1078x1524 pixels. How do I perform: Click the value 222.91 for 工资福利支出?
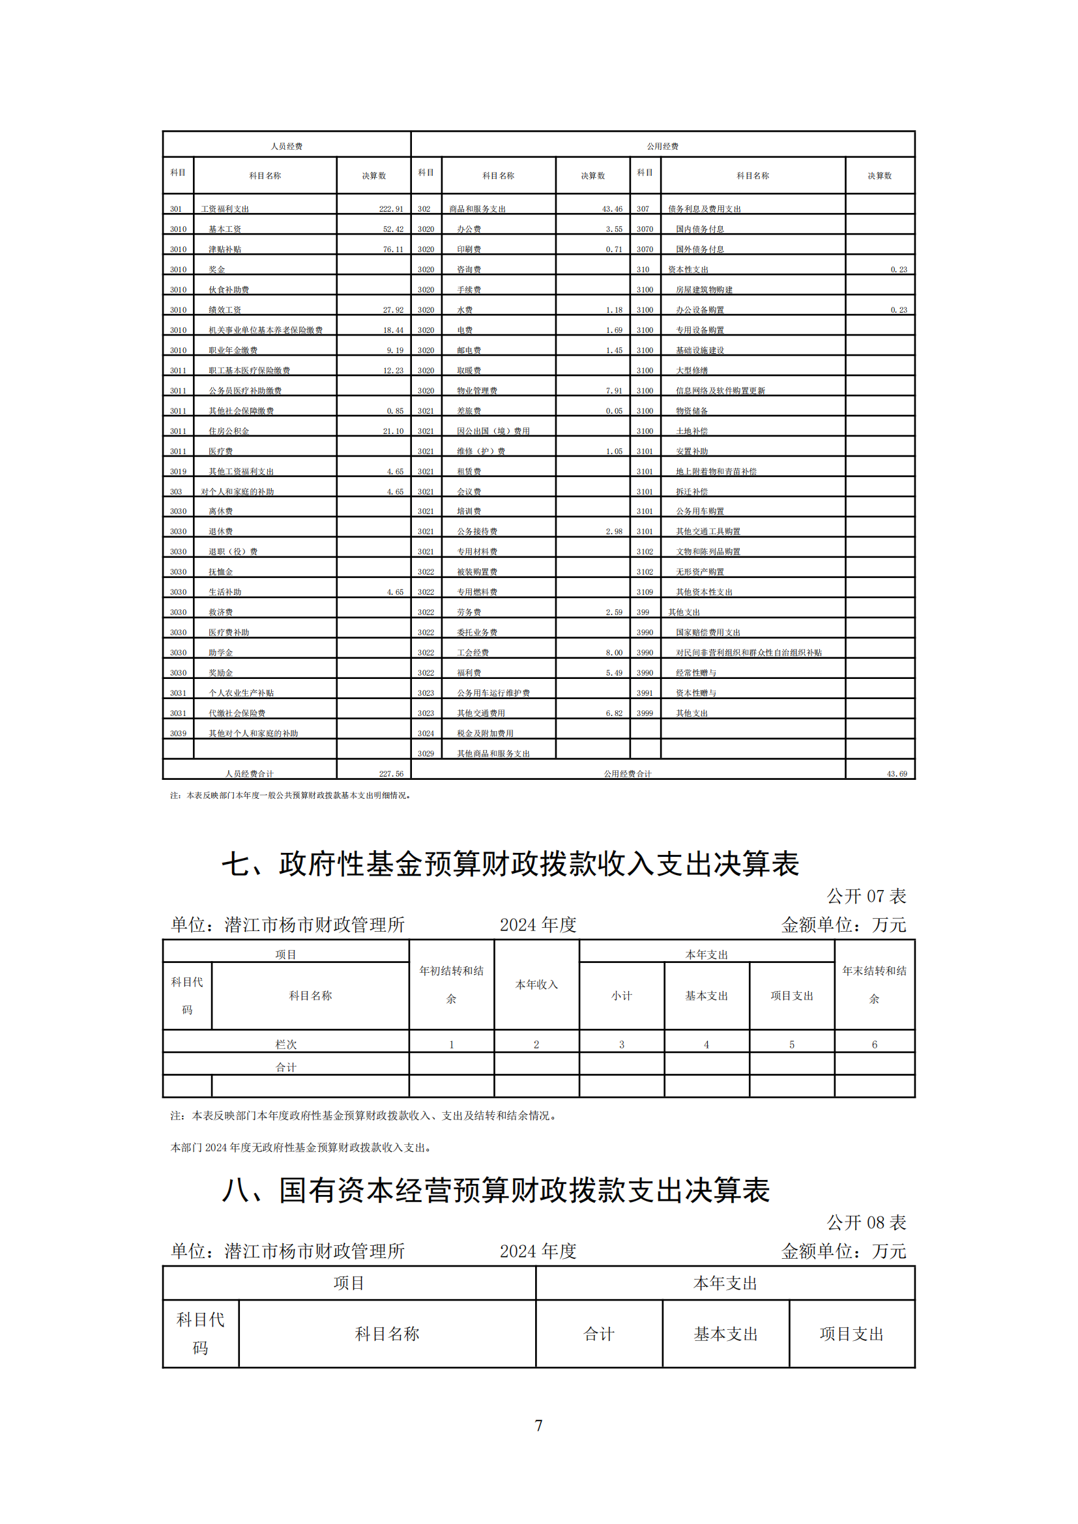pyautogui.click(x=391, y=209)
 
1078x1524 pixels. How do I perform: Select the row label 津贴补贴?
pyautogui.click(x=225, y=250)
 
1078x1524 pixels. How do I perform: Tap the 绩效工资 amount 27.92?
pyautogui.click(x=393, y=310)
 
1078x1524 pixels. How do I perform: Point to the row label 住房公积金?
pyautogui.click(x=229, y=431)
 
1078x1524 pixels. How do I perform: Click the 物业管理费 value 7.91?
pyautogui.click(x=614, y=391)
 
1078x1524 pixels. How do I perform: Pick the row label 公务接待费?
pyautogui.click(x=476, y=532)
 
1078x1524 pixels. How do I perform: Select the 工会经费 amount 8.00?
pyautogui.click(x=614, y=653)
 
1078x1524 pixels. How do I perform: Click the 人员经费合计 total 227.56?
pyautogui.click(x=391, y=774)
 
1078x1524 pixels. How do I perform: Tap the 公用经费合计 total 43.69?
pyautogui.click(x=897, y=774)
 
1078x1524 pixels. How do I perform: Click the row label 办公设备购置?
pyautogui.click(x=699, y=310)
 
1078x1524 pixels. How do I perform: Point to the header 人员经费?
pyautogui.click(x=287, y=146)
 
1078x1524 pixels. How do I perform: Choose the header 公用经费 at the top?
pyautogui.click(x=662, y=146)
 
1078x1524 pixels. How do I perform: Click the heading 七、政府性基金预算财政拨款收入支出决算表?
pyautogui.click(x=510, y=864)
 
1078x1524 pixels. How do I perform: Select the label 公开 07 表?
pyautogui.click(x=866, y=897)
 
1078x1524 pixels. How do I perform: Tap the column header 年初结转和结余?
pyautogui.click(x=452, y=985)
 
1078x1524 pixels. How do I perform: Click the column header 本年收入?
pyautogui.click(x=536, y=985)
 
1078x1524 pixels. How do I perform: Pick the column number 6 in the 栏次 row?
pyautogui.click(x=874, y=1044)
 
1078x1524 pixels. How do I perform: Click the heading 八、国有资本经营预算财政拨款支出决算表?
pyautogui.click(x=496, y=1191)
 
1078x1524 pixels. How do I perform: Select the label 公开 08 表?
pyautogui.click(x=866, y=1222)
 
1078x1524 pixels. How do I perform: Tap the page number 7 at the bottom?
pyautogui.click(x=538, y=1426)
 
